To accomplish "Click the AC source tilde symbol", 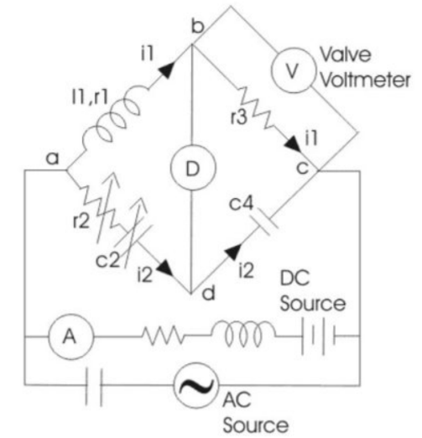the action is click(x=196, y=385).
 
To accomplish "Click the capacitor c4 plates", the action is click(x=265, y=222).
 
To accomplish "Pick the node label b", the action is click(x=198, y=27).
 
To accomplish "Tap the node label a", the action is click(x=53, y=159).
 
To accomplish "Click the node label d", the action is click(x=209, y=293).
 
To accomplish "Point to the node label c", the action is click(x=303, y=168).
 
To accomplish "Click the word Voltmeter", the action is click(x=365, y=81).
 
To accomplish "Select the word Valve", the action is click(x=346, y=55).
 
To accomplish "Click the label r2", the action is click(x=81, y=221).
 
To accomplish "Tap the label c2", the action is click(x=107, y=260).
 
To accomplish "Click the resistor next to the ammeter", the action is click(x=163, y=335).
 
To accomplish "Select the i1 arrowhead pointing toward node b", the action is click(x=167, y=70).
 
